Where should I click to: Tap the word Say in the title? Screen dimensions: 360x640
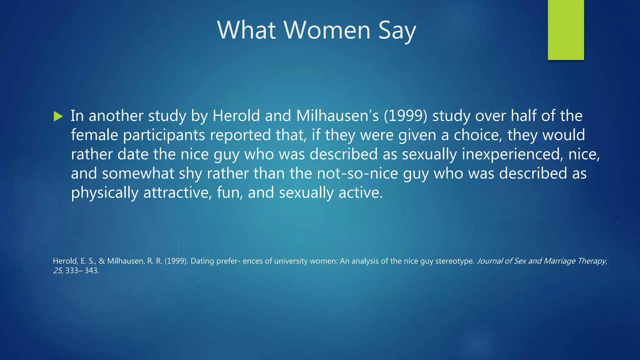397,31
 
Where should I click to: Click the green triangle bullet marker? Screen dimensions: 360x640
58,116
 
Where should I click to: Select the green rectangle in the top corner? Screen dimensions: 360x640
566,30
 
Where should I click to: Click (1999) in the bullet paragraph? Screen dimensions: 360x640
405,116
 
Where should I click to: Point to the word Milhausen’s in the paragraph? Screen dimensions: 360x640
337,116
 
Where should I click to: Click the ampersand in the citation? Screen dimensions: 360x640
102,261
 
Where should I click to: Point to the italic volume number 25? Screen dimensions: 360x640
58,271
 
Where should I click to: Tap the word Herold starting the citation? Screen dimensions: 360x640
65,261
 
